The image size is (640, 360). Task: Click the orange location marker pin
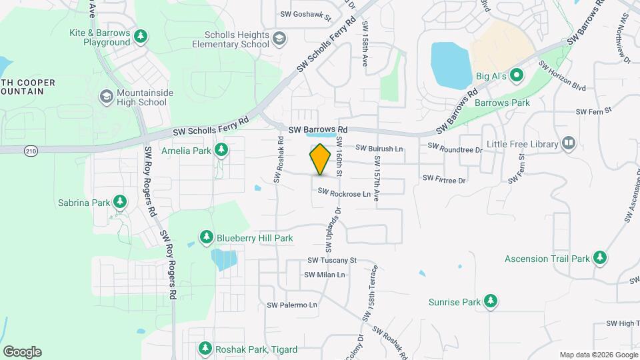click(x=321, y=159)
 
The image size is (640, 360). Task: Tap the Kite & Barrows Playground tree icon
click(x=141, y=37)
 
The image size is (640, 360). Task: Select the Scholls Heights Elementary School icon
click(x=279, y=39)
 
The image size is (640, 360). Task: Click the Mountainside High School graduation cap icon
click(x=105, y=97)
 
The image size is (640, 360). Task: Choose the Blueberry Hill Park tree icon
click(x=207, y=237)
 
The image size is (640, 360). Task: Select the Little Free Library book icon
click(x=568, y=143)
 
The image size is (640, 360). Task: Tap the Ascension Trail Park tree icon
click(x=600, y=258)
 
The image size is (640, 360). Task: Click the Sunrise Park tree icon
click(x=491, y=302)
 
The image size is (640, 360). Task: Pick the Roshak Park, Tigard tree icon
click(x=205, y=349)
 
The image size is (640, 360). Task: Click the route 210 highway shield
click(x=31, y=151)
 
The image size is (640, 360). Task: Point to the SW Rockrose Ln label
click(x=344, y=193)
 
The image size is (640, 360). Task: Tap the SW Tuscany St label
click(x=332, y=260)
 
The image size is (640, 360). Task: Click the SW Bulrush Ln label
click(x=379, y=148)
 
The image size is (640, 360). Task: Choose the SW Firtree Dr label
click(x=443, y=179)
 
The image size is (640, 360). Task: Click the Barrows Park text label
click(x=501, y=103)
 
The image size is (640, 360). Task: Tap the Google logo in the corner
click(x=23, y=352)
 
